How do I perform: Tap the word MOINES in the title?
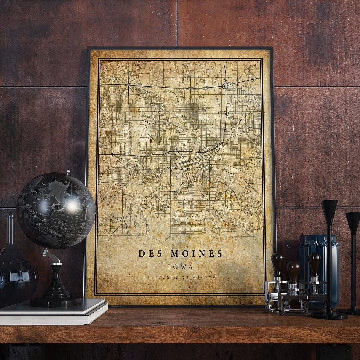[x=196, y=254]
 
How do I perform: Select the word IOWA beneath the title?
[x=180, y=267]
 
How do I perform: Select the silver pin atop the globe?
[x=68, y=172]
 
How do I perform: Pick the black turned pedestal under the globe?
[x=56, y=283]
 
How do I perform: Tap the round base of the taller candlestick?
[x=329, y=315]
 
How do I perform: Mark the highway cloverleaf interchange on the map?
[x=226, y=85]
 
